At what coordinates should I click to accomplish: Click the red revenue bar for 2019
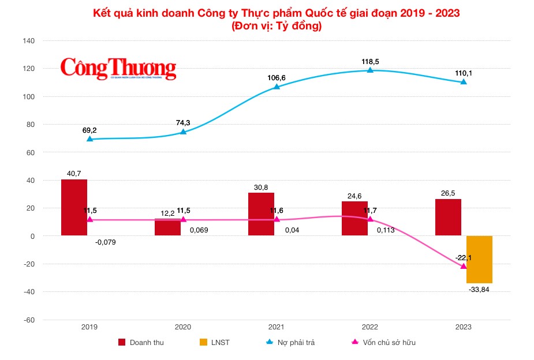pos(74,208)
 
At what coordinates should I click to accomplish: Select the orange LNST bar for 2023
pos(479,259)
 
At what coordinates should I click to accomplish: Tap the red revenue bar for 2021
pos(261,214)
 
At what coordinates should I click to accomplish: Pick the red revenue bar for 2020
pos(167,227)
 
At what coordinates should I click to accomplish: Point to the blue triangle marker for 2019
pos(89,139)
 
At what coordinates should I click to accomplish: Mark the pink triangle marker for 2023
pos(464,266)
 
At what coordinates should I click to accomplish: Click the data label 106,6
pos(277,77)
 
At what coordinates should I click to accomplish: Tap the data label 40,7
pos(74,172)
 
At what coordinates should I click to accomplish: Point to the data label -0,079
pos(106,241)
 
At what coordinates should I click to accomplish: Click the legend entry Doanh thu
pos(146,343)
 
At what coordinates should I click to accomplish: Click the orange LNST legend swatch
pos(203,343)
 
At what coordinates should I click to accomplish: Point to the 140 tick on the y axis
pos(29,41)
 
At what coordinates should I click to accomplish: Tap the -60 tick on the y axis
pos(29,320)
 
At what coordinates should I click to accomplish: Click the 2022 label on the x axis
pos(370,327)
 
